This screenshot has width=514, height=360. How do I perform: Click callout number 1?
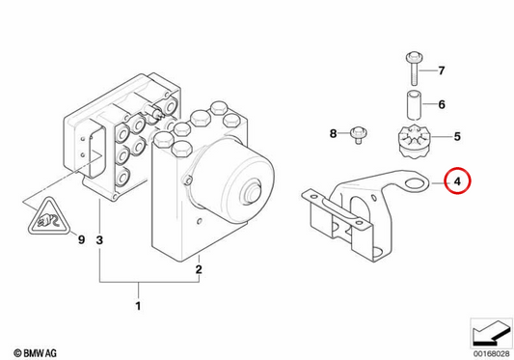pos(138,306)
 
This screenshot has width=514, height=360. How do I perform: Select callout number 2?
pos(199,269)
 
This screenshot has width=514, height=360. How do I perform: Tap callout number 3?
pos(99,240)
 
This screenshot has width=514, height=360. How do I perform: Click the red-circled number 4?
pos(458,180)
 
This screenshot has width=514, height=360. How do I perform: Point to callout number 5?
pos(457,136)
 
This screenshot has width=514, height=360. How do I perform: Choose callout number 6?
pos(442,104)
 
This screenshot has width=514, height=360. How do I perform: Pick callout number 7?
pos(442,70)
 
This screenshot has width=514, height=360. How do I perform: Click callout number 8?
pos(333,133)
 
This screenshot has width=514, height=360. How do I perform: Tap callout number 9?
pos(81,239)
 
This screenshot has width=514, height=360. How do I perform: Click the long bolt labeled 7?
pos(414,69)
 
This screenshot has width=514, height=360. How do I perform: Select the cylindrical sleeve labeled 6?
pos(415,105)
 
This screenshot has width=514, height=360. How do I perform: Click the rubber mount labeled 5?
pos(413,142)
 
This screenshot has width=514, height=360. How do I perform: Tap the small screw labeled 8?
pos(359,135)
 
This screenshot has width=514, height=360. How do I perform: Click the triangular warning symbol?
pos(49,216)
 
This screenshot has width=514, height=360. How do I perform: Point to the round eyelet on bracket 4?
pos(415,183)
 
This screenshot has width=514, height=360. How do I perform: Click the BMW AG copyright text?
pos(35,353)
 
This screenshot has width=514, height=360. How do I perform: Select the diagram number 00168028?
pos(491,354)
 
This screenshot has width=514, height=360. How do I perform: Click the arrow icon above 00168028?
pos(492,333)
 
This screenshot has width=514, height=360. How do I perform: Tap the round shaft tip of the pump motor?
pos(251,193)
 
